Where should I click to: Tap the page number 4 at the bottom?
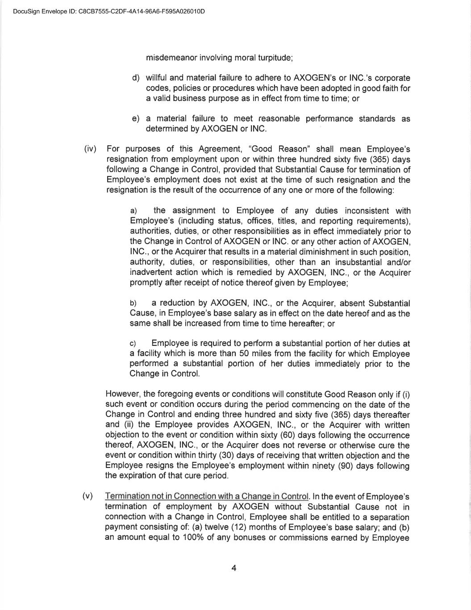(x=233, y=568)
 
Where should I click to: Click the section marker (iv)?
(x=90, y=149)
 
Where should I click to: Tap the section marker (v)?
(x=88, y=496)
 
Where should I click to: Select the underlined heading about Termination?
(x=207, y=496)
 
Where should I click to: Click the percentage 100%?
(x=193, y=538)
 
